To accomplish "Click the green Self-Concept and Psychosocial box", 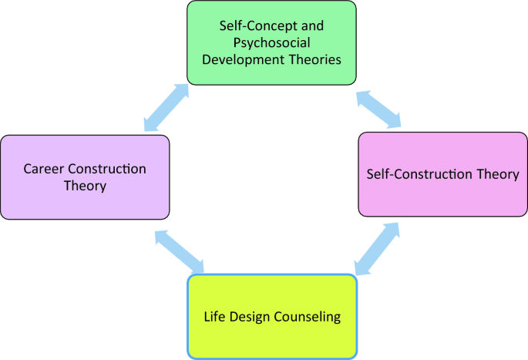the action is pyautogui.click(x=271, y=42).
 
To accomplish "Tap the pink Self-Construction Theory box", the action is pyautogui.click(x=442, y=173).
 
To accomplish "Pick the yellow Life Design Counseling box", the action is pyautogui.click(x=273, y=316).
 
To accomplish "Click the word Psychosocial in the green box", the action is pyautogui.click(x=271, y=42).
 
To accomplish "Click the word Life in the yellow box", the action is pyautogui.click(x=214, y=317).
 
